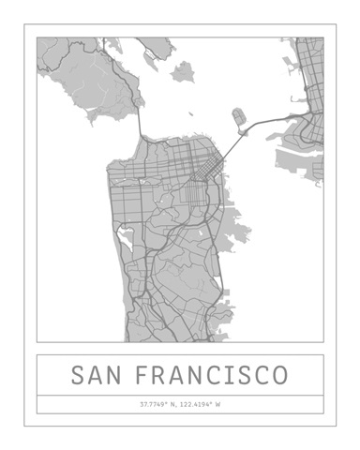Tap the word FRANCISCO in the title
tap(212, 376)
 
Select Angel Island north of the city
tap(182, 70)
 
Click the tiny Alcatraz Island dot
tap(191, 115)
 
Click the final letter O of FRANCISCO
tap(279, 376)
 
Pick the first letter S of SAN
tap(79, 376)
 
